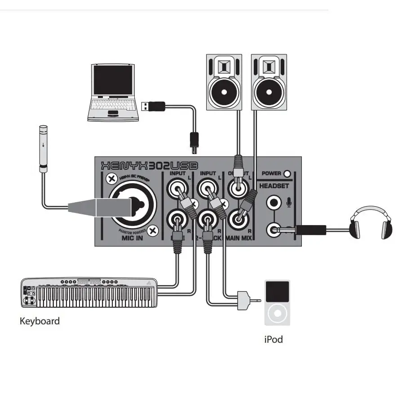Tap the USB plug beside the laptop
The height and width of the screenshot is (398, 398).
pyautogui.click(x=154, y=106)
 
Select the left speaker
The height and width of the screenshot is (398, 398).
pyautogui.click(x=224, y=82)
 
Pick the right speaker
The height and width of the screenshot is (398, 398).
pyautogui.click(x=269, y=82)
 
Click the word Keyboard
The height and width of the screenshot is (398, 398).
pyautogui.click(x=40, y=321)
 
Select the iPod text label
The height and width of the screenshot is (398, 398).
pyautogui.click(x=274, y=339)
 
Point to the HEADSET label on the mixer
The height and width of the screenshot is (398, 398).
pyautogui.click(x=274, y=186)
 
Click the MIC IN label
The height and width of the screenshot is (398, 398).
pyautogui.click(x=133, y=238)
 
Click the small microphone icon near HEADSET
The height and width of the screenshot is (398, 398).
pyautogui.click(x=289, y=203)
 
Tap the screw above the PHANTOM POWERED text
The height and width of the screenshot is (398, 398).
pyautogui.click(x=154, y=231)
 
